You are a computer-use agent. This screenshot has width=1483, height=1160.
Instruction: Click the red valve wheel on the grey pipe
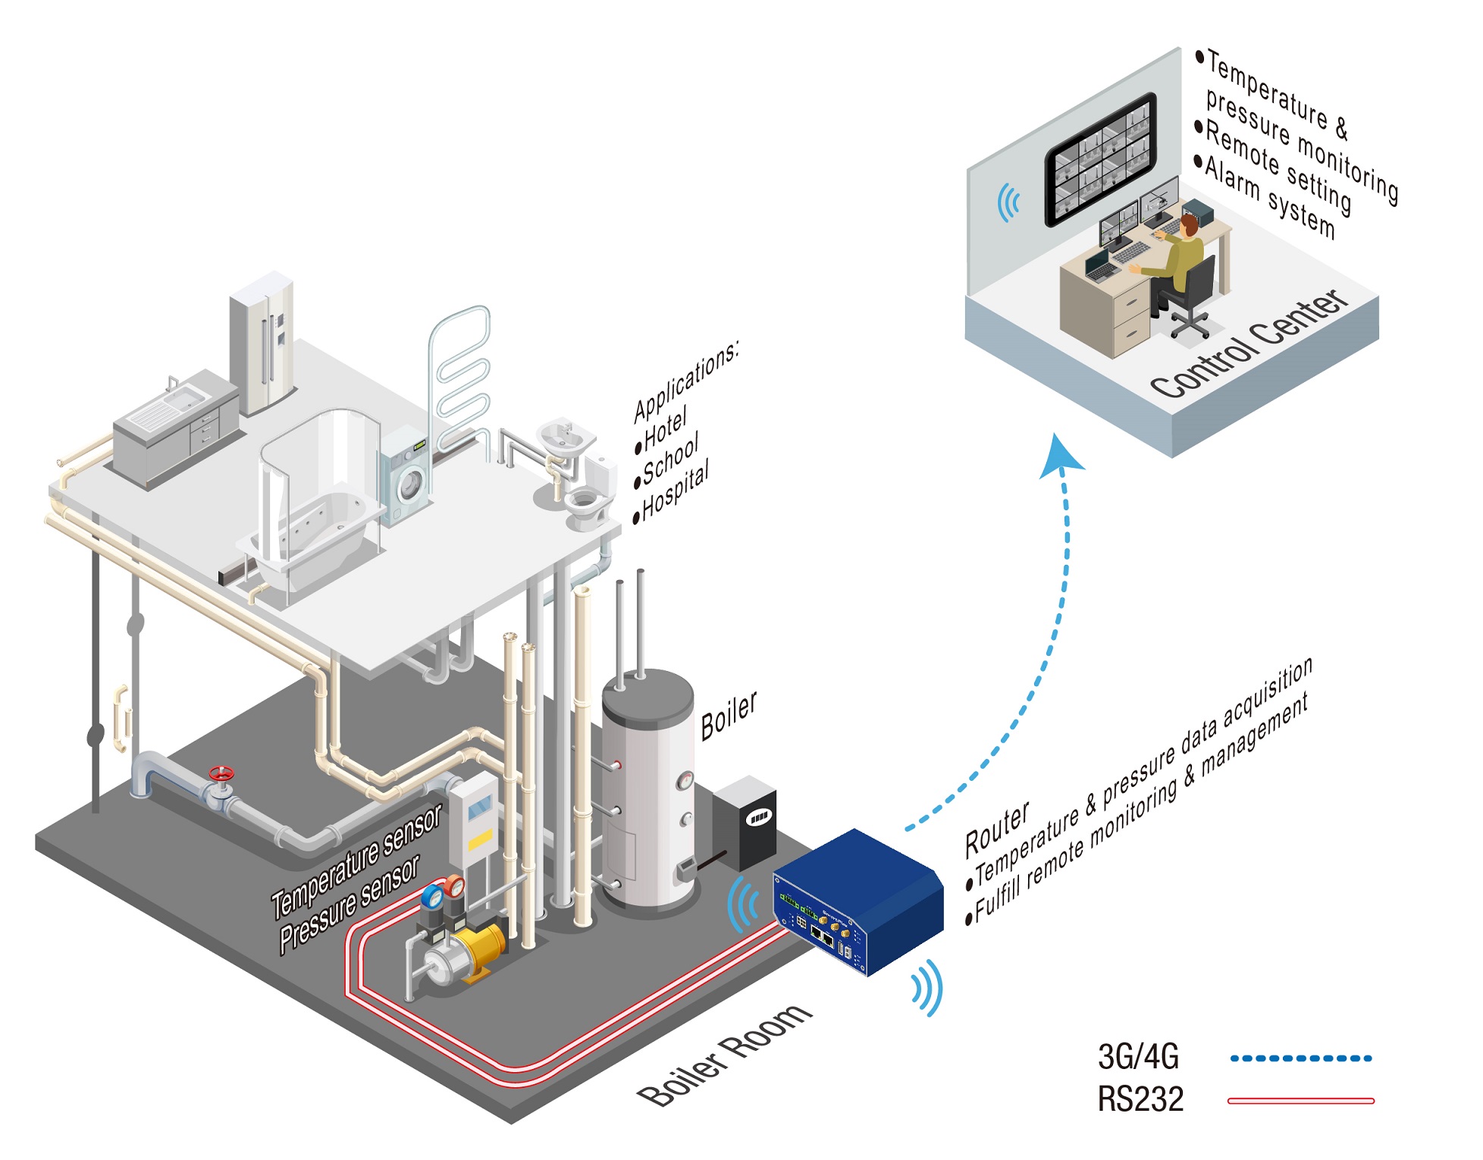tap(221, 774)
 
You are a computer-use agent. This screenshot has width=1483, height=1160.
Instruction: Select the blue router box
tap(858, 901)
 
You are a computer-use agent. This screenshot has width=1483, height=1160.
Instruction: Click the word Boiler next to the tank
tap(729, 715)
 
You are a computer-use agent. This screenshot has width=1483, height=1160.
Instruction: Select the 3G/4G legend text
tap(1138, 1056)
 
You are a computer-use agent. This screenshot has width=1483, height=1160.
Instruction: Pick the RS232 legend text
tap(1140, 1099)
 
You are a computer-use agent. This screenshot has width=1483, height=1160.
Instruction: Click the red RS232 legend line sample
tap(1300, 1101)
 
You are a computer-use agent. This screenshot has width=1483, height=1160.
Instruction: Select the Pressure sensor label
tap(349, 905)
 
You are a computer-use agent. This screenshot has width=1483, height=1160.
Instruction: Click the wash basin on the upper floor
tap(566, 438)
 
